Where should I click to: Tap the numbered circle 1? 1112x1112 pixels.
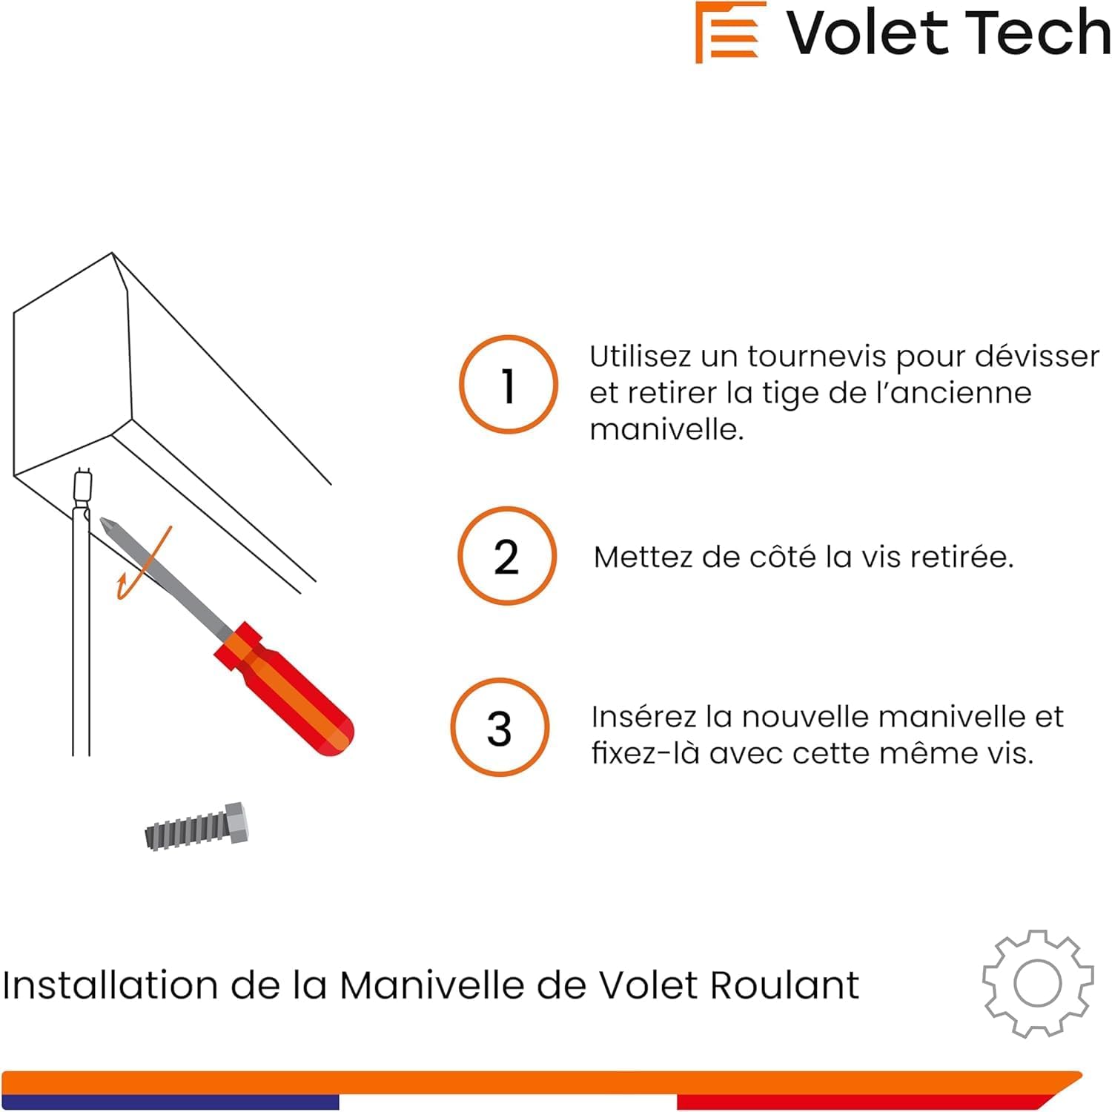pos(508,385)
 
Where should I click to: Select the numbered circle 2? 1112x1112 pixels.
pos(507,556)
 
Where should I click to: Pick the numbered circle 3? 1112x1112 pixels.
pos(500,727)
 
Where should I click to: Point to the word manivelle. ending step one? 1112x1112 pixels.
pos(666,429)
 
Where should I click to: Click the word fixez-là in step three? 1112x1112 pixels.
pos(645,753)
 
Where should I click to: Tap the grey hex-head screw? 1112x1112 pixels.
pos(197,827)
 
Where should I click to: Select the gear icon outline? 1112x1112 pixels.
pos(1038,983)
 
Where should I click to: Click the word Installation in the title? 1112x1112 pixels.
pos(110,986)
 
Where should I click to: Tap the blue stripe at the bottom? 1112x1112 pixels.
pos(171,1102)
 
